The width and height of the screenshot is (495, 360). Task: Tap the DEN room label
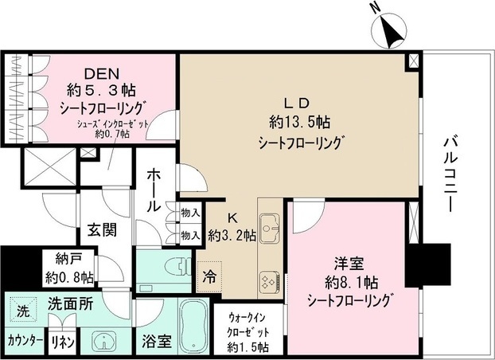pyautogui.click(x=101, y=73)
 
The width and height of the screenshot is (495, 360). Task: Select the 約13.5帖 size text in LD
pyautogui.click(x=299, y=122)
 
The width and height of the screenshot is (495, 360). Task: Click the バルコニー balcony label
pyautogui.click(x=450, y=174)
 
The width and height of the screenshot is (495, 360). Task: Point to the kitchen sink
pyautogui.click(x=269, y=228)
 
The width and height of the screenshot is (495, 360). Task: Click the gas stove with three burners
pyautogui.click(x=269, y=281)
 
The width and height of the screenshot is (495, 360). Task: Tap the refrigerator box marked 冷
pyautogui.click(x=209, y=276)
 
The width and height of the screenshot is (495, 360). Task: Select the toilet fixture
pyautogui.click(x=177, y=268)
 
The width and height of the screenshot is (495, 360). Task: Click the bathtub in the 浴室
pyautogui.click(x=193, y=326)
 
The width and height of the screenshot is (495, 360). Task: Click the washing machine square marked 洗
pyautogui.click(x=23, y=311)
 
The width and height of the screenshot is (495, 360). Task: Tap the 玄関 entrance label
pyautogui.click(x=102, y=230)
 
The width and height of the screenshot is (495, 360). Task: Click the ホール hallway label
pyautogui.click(x=154, y=190)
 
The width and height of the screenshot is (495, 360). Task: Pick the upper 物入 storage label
pyautogui.click(x=190, y=213)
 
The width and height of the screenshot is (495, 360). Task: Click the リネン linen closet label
pyautogui.click(x=62, y=342)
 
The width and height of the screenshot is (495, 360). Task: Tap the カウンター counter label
pyautogui.click(x=25, y=341)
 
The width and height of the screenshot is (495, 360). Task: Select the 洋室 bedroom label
pyautogui.click(x=349, y=264)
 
